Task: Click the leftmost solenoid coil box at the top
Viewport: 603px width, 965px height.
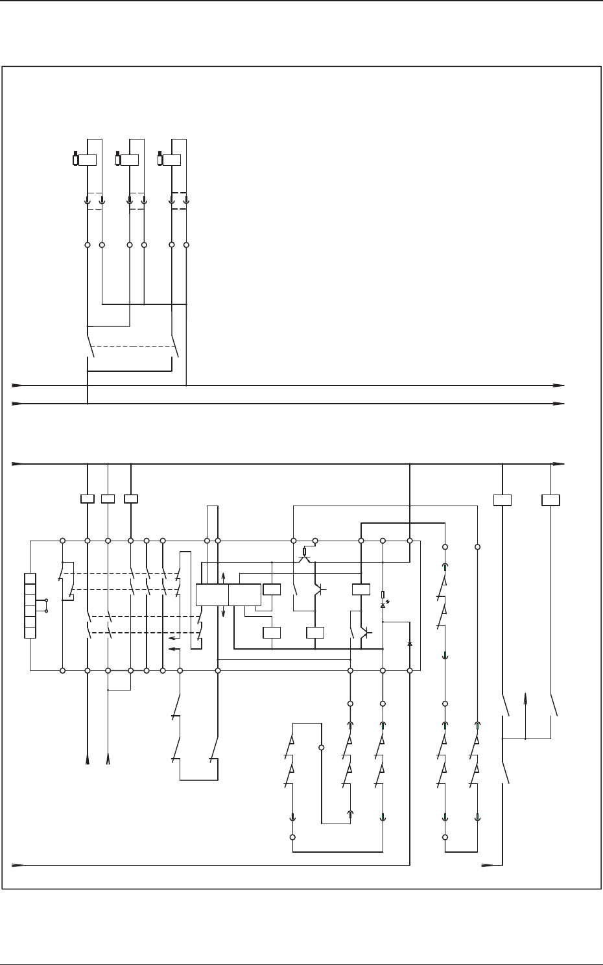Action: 88,160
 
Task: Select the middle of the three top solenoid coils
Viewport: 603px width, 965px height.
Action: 130,160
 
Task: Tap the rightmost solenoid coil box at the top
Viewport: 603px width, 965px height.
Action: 172,160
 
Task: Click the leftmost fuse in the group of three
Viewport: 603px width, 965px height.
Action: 88,499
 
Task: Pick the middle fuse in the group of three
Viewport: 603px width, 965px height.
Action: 108,499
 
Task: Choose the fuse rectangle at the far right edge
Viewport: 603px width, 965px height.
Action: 550,500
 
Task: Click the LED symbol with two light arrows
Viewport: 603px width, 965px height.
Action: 383,605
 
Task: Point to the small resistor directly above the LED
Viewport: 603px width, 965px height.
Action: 383,594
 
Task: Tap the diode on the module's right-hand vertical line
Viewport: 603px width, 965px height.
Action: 410,643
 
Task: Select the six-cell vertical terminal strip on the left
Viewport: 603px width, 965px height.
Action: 30,605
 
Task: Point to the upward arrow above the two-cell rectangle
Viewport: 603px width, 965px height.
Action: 223,576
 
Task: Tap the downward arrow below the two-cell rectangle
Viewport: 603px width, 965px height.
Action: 223,613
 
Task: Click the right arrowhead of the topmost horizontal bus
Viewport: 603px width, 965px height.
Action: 559,385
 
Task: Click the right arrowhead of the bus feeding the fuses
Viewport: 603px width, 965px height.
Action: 559,464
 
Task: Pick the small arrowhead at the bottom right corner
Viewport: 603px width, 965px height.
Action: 486,865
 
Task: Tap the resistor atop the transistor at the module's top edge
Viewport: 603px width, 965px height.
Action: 305,552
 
